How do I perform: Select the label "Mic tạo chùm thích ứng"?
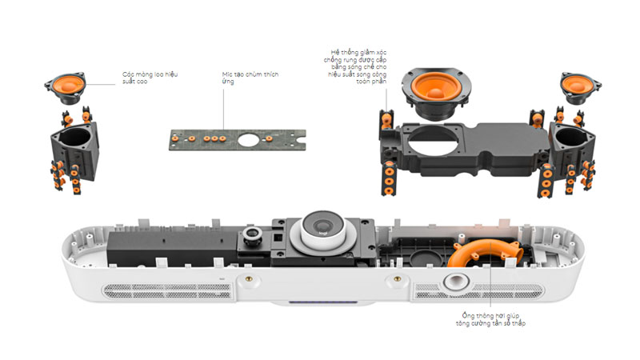point(250,77)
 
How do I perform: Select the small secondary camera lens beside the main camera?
point(253,234)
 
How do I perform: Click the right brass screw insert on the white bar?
point(394,280)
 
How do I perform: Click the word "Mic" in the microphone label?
point(228,73)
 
